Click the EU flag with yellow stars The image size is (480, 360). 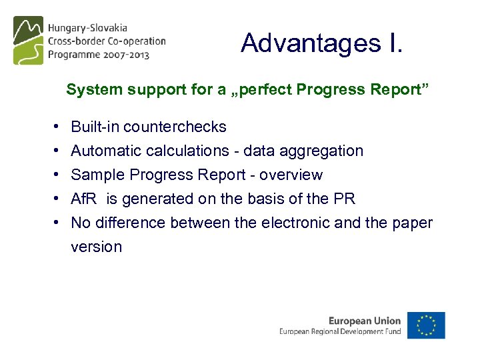click(x=427, y=325)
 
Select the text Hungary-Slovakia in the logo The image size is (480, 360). click(x=87, y=29)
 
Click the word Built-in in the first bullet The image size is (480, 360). click(x=95, y=127)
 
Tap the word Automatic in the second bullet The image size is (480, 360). click(x=103, y=151)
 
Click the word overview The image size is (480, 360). click(x=291, y=175)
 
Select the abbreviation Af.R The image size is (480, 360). click(x=83, y=199)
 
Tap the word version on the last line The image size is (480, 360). click(x=96, y=247)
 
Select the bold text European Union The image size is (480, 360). click(x=365, y=321)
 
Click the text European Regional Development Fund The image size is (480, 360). click(x=340, y=331)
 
